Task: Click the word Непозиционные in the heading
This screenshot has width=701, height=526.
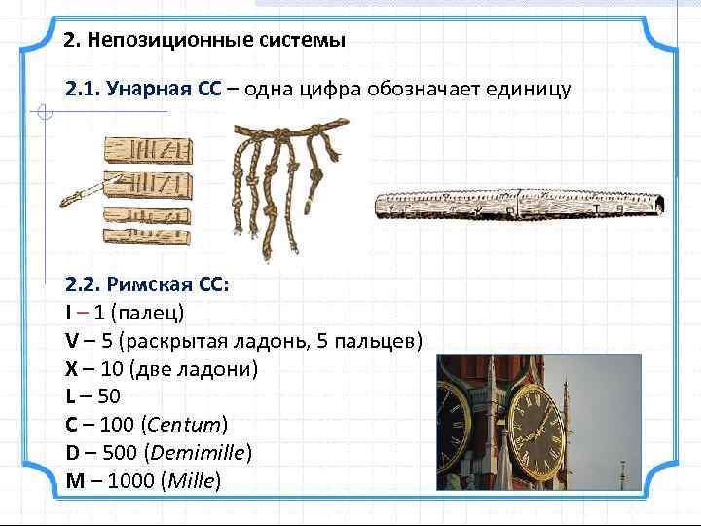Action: point(145,42)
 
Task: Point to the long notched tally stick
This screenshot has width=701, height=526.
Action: point(521,204)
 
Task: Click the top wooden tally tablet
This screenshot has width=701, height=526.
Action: point(147,152)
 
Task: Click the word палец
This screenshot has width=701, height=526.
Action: point(151,314)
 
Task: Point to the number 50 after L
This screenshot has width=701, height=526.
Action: point(111,397)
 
